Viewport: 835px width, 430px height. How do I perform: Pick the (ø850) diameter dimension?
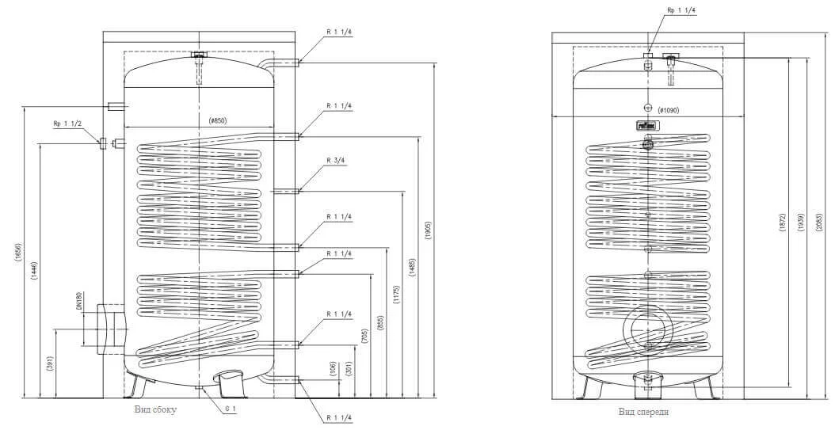pyautogui.click(x=218, y=120)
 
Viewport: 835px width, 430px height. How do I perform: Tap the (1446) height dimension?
pyautogui.click(x=34, y=272)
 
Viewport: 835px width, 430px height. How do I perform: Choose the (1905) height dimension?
pyautogui.click(x=429, y=229)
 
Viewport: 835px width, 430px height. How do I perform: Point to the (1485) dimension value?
pyautogui.click(x=413, y=266)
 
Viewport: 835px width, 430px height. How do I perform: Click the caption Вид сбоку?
pyautogui.click(x=155, y=409)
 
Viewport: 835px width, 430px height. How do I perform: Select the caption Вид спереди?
pyautogui.click(x=639, y=412)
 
